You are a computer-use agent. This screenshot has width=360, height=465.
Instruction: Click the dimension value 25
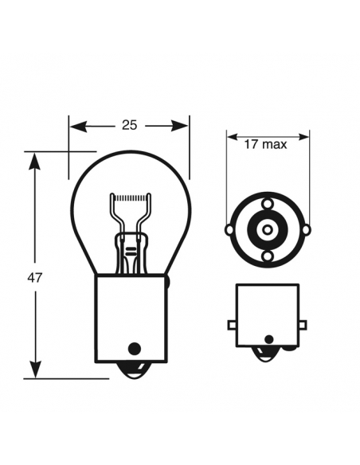coord(129,124)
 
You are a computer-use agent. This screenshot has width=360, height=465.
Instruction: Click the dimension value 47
coord(33,277)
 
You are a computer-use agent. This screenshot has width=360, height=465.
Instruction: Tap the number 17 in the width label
coord(251,144)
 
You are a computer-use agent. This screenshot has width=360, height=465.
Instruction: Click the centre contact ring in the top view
coord(267,229)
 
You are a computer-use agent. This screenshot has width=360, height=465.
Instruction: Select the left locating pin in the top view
coord(229,230)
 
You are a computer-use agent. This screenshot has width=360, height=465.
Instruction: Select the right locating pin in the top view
coord(305,230)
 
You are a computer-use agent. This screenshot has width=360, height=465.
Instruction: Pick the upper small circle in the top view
coord(267,204)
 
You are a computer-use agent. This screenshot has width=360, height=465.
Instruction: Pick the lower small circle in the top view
coord(267,256)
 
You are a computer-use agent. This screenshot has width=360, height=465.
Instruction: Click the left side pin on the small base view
coord(231,324)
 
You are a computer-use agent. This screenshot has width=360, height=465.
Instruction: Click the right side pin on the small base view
coord(303,324)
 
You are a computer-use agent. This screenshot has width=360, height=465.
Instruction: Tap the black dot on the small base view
coord(267,346)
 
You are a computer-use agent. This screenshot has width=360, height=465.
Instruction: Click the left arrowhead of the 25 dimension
coord(76,125)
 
